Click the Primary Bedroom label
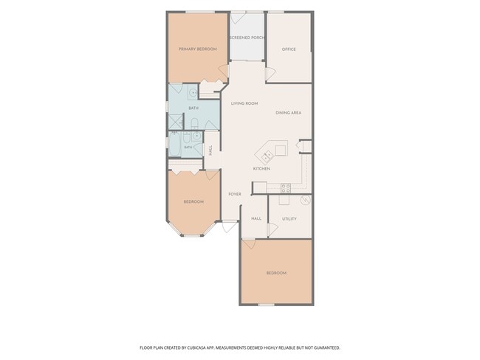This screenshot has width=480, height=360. (198, 49)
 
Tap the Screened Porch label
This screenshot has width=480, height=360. (247, 38)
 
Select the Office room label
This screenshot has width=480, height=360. (289, 49)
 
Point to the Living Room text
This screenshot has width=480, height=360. (244, 103)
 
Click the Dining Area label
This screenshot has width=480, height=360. (288, 113)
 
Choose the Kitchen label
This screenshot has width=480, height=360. (261, 168)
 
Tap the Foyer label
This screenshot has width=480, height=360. (235, 194)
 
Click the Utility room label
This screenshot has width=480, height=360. (289, 218)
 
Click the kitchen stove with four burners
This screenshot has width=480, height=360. (286, 188)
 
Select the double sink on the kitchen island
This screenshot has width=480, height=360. (267, 156)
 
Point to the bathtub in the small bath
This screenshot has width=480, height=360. (175, 145)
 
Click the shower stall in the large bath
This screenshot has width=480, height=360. (176, 122)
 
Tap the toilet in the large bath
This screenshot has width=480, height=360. (195, 124)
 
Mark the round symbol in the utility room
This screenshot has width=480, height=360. (306, 200)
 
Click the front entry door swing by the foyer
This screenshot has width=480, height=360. (229, 226)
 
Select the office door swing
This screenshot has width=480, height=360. (270, 73)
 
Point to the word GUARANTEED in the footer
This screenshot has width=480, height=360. (328, 347)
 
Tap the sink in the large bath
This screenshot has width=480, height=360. (193, 92)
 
